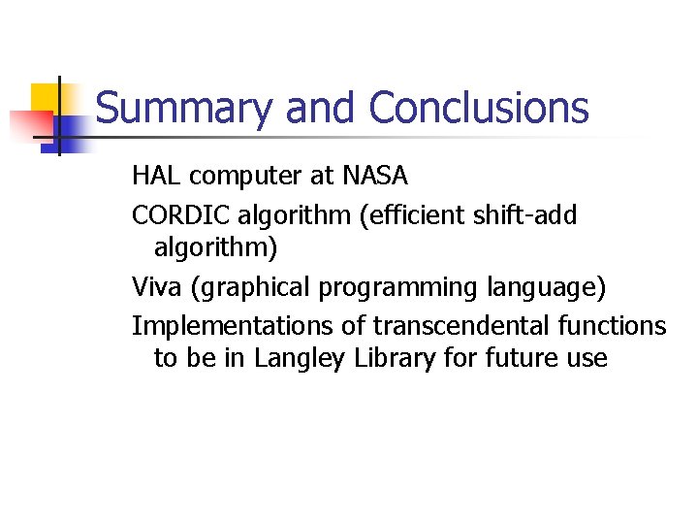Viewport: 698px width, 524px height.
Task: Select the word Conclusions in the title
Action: click(478, 108)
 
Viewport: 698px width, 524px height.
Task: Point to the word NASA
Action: click(374, 176)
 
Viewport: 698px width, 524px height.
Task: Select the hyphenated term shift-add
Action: click(531, 215)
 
